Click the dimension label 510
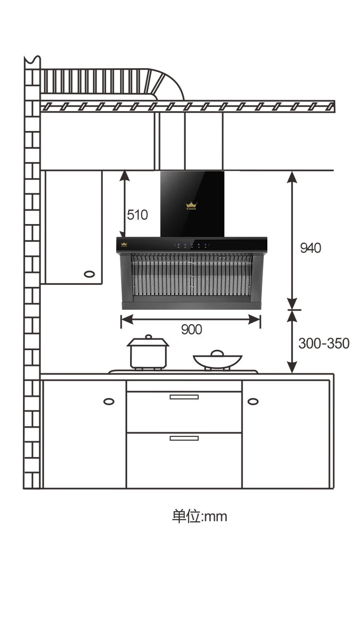(137, 214)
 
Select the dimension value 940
(310, 248)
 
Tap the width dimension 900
(191, 330)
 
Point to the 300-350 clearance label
(324, 343)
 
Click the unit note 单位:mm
(199, 517)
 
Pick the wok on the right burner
(217, 360)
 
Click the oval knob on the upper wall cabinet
(89, 274)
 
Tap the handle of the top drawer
(184, 397)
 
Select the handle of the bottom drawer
(184, 438)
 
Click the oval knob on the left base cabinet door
(109, 401)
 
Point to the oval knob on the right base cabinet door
(253, 401)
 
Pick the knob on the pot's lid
(148, 337)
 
